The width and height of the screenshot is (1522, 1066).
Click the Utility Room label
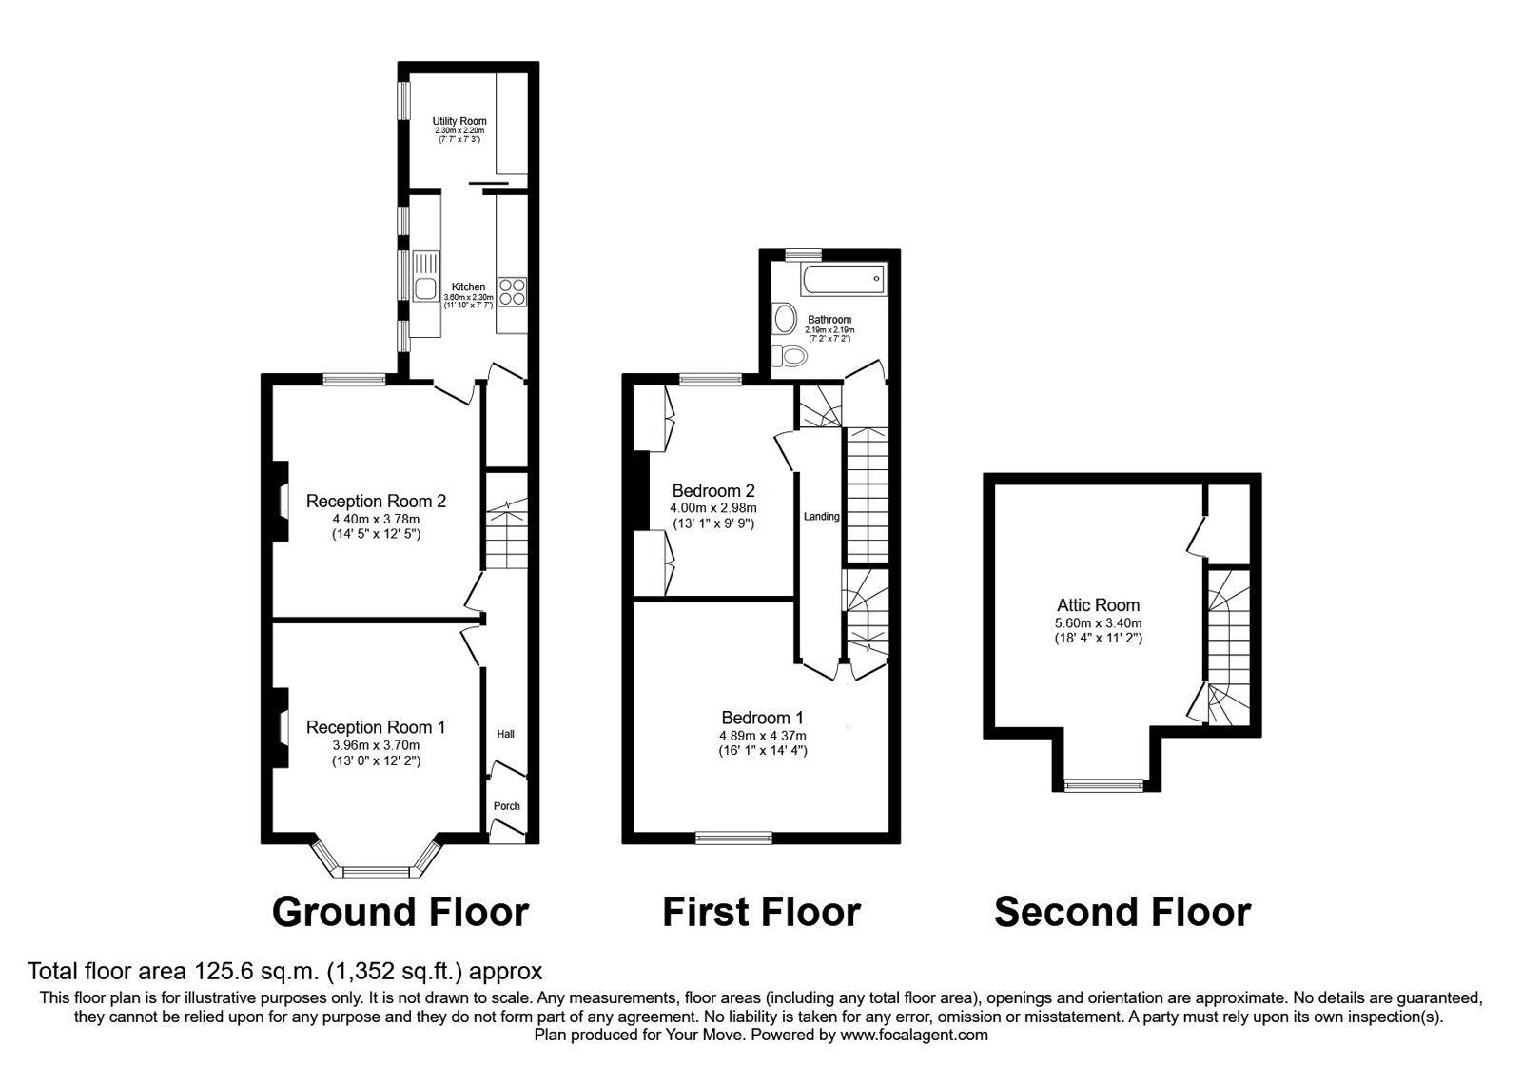coord(459,121)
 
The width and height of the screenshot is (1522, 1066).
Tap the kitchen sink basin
coord(425,288)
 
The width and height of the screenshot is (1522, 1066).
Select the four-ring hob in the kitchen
coord(513,291)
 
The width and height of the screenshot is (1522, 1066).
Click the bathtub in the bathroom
coord(843,280)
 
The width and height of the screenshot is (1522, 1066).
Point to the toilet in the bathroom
coord(790,354)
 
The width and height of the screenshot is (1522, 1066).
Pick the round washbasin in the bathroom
coord(785,318)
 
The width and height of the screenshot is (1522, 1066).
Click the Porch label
coord(506,805)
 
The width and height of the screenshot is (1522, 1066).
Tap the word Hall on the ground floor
coord(505,734)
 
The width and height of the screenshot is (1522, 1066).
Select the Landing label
coord(822,517)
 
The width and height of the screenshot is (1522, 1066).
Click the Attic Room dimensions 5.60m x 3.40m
coord(1098,622)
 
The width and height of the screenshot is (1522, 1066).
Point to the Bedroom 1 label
coord(762,718)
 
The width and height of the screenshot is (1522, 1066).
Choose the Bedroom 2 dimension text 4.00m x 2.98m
coord(713,508)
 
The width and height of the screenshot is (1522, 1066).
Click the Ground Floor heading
coord(400,912)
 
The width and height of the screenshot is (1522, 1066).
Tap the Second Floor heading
coord(1122,912)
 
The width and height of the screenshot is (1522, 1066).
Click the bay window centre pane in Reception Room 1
coord(377,872)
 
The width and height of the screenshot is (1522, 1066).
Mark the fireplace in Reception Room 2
coord(280,501)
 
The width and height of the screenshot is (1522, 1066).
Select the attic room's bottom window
coord(1104,786)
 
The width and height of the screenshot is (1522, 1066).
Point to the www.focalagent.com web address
coord(914,1035)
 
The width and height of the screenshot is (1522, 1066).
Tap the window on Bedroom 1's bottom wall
coord(733,838)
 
